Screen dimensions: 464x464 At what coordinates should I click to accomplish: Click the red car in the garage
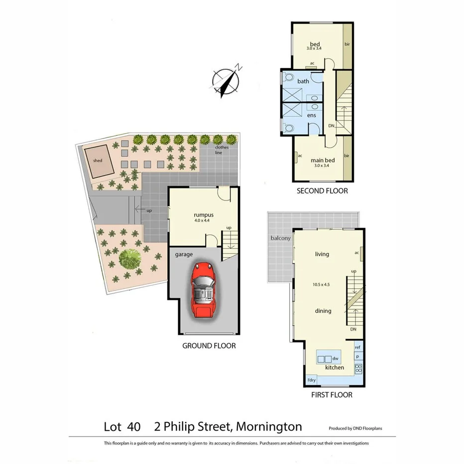(x=203, y=291)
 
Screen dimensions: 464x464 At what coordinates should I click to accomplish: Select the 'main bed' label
(x=323, y=160)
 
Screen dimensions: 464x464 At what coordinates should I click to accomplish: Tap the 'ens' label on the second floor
(x=311, y=116)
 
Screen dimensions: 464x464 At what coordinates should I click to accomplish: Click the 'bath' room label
(x=303, y=81)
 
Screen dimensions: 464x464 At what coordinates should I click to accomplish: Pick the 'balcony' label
(x=280, y=238)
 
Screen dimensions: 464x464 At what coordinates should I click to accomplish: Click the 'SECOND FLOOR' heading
(x=322, y=191)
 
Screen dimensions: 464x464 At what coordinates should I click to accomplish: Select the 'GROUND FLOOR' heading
(x=209, y=346)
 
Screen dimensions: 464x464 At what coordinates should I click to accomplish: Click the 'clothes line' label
(x=222, y=150)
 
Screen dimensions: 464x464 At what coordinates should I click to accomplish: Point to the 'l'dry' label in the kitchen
(x=311, y=380)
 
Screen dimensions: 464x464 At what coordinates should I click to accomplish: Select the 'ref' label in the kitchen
(x=357, y=348)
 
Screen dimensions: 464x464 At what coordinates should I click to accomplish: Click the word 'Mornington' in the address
(x=269, y=427)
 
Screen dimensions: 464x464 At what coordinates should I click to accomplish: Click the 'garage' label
(x=184, y=254)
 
